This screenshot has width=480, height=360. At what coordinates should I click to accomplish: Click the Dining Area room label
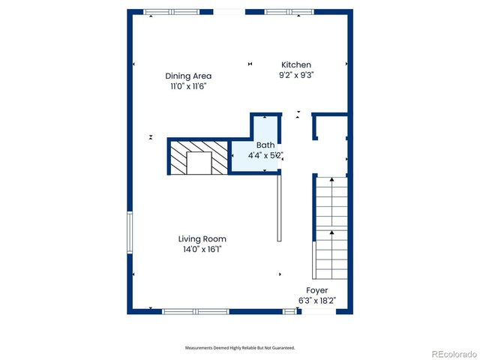coord(188,76)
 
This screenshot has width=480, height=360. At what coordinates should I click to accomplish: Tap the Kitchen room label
coord(295,64)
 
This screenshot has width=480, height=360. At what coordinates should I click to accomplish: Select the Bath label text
coord(265,145)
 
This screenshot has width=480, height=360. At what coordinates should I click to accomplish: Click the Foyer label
coord(316,290)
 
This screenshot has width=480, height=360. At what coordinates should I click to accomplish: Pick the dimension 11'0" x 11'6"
coord(187,86)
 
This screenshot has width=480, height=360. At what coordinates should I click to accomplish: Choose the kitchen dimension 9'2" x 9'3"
coord(295,75)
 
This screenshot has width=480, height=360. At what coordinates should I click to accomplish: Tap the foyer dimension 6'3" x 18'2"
coord(316,301)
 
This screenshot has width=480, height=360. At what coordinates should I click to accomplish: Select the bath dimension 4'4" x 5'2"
coord(265,155)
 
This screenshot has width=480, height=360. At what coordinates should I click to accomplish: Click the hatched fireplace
coord(197,157)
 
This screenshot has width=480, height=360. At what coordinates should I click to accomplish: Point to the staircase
coord(330,226)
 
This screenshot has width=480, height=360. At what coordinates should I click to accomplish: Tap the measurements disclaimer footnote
coord(240,348)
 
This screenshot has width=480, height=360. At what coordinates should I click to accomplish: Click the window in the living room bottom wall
coord(195,311)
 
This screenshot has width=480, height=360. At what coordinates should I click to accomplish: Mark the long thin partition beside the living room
coord(280,207)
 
